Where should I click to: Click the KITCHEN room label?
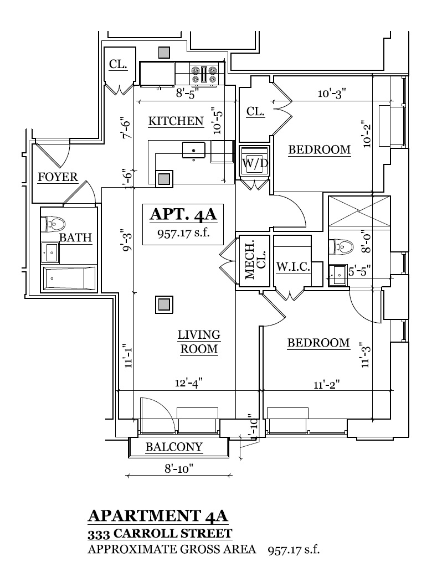point(176,121)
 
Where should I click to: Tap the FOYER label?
point(58,177)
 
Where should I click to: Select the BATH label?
point(75,238)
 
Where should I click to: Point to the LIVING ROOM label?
point(199,342)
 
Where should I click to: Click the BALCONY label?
point(174,447)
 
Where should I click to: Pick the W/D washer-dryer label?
point(254,164)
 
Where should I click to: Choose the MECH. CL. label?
point(255,259)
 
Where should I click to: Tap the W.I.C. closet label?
point(292,266)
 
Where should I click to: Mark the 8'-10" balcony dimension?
point(178,468)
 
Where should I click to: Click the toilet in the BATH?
point(54,224)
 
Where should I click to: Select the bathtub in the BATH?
point(69,277)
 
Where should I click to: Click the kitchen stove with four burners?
point(204,75)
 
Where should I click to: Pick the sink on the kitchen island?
point(193,149)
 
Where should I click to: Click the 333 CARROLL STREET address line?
point(160,534)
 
